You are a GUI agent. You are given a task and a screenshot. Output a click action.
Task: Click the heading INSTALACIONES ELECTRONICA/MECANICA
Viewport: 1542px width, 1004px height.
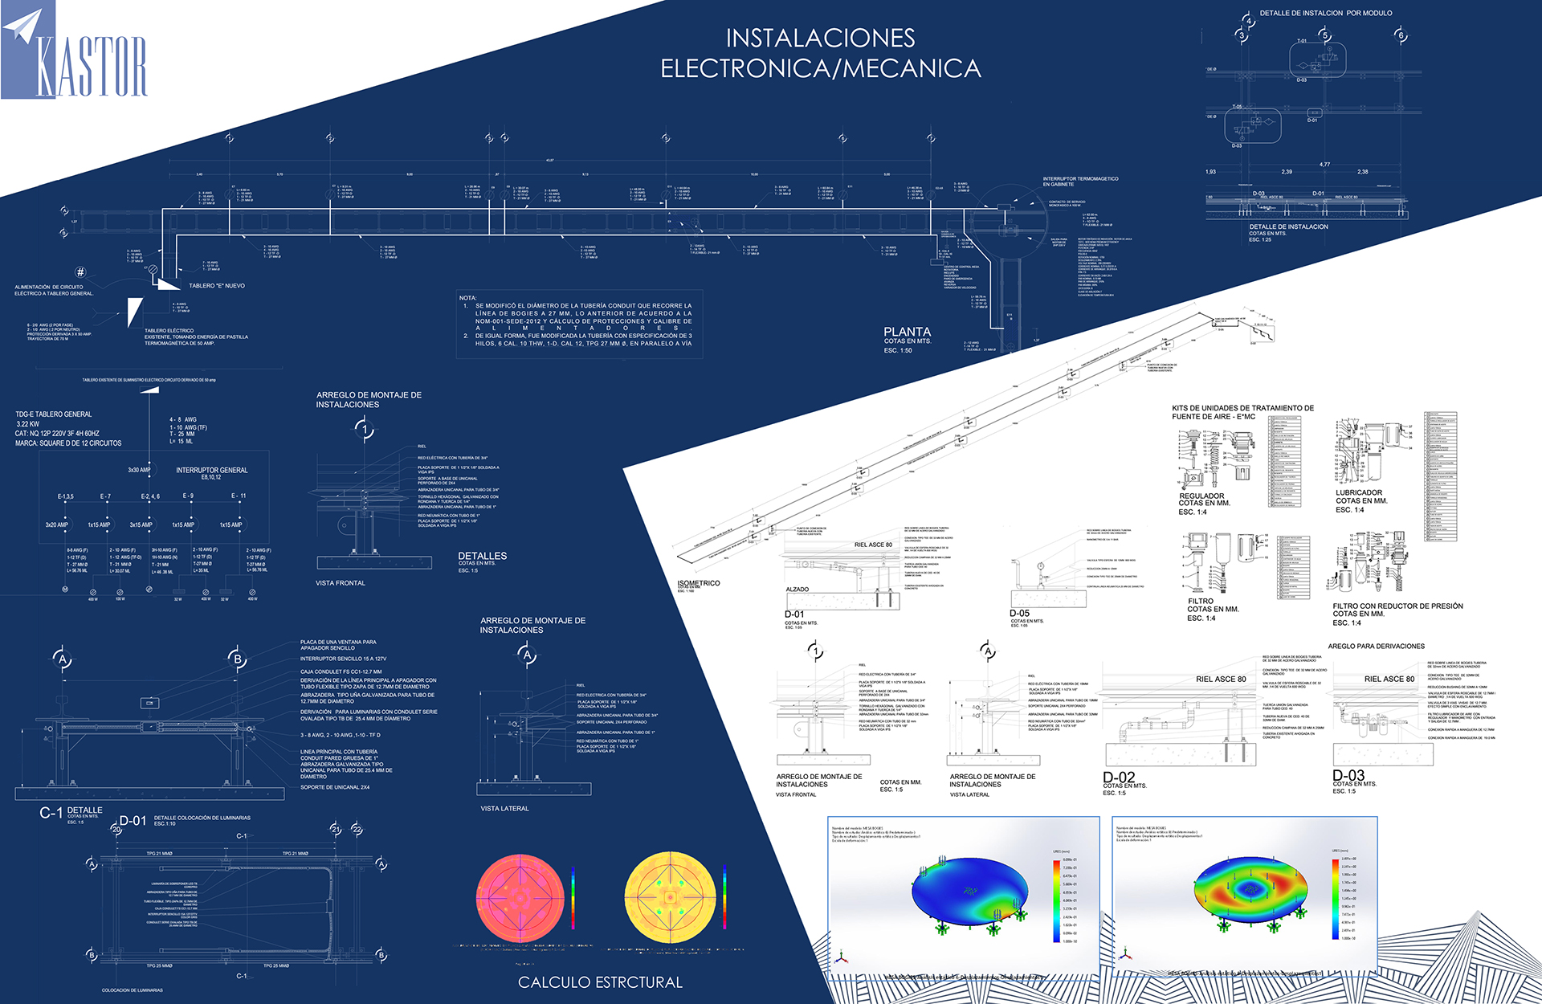pyautogui.click(x=820, y=53)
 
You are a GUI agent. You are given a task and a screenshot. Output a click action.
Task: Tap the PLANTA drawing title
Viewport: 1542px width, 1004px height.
pyautogui.click(x=907, y=332)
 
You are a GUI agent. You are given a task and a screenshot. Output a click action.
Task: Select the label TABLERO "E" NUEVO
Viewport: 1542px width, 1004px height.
pyautogui.click(x=217, y=286)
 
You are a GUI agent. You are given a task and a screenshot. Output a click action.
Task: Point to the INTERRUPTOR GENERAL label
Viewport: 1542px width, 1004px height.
pyautogui.click(x=212, y=470)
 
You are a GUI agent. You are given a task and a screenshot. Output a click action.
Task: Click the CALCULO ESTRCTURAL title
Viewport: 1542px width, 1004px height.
pyautogui.click(x=600, y=982)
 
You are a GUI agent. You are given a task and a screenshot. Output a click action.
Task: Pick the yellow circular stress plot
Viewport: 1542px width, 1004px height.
pyautogui.click(x=670, y=898)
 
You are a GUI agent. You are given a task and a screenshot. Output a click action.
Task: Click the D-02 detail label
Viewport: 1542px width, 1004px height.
pyautogui.click(x=1119, y=777)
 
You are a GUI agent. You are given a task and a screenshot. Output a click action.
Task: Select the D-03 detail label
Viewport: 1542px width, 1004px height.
pyautogui.click(x=1348, y=775)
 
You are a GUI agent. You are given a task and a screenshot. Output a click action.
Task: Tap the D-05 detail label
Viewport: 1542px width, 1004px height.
pyautogui.click(x=1019, y=613)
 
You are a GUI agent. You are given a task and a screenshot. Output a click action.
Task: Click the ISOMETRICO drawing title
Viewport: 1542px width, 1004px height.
pyautogui.click(x=699, y=583)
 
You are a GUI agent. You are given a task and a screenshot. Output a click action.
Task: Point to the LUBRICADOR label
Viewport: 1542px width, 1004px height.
pyautogui.click(x=1359, y=493)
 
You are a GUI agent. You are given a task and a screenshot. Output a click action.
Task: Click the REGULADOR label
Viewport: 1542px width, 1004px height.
pyautogui.click(x=1201, y=496)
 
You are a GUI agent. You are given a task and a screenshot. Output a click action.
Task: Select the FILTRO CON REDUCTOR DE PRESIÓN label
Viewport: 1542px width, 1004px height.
pyautogui.click(x=1397, y=606)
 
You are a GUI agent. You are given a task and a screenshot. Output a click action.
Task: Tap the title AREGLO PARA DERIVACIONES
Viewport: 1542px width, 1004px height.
pyautogui.click(x=1376, y=646)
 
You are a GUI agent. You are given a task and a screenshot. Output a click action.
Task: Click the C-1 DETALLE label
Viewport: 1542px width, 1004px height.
pyautogui.click(x=71, y=812)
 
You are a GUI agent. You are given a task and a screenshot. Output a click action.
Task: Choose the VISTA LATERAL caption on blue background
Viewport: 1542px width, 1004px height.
pyautogui.click(x=504, y=809)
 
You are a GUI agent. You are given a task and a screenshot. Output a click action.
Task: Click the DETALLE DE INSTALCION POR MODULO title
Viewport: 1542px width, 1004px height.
pyautogui.click(x=1326, y=13)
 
